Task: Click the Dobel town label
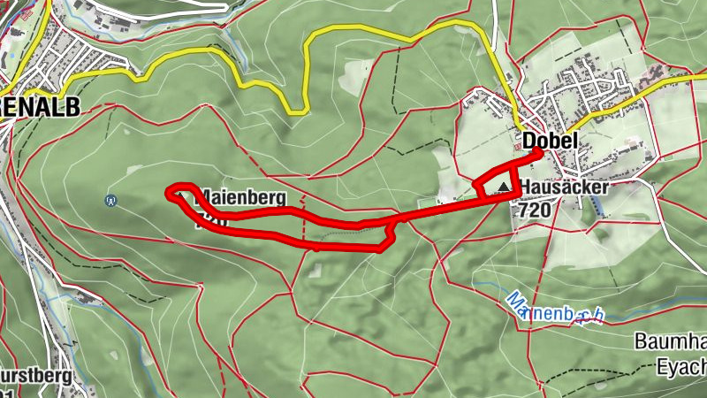click(550, 140)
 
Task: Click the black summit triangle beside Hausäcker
click(505, 188)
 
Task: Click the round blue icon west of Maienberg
click(110, 200)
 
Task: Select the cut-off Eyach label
click(682, 363)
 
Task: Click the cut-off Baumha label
click(671, 341)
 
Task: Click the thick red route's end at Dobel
click(537, 153)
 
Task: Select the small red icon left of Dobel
click(518, 149)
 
